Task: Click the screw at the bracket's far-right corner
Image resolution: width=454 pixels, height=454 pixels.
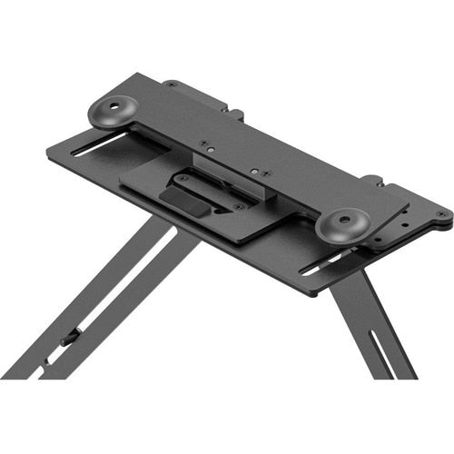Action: (x=441, y=214)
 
